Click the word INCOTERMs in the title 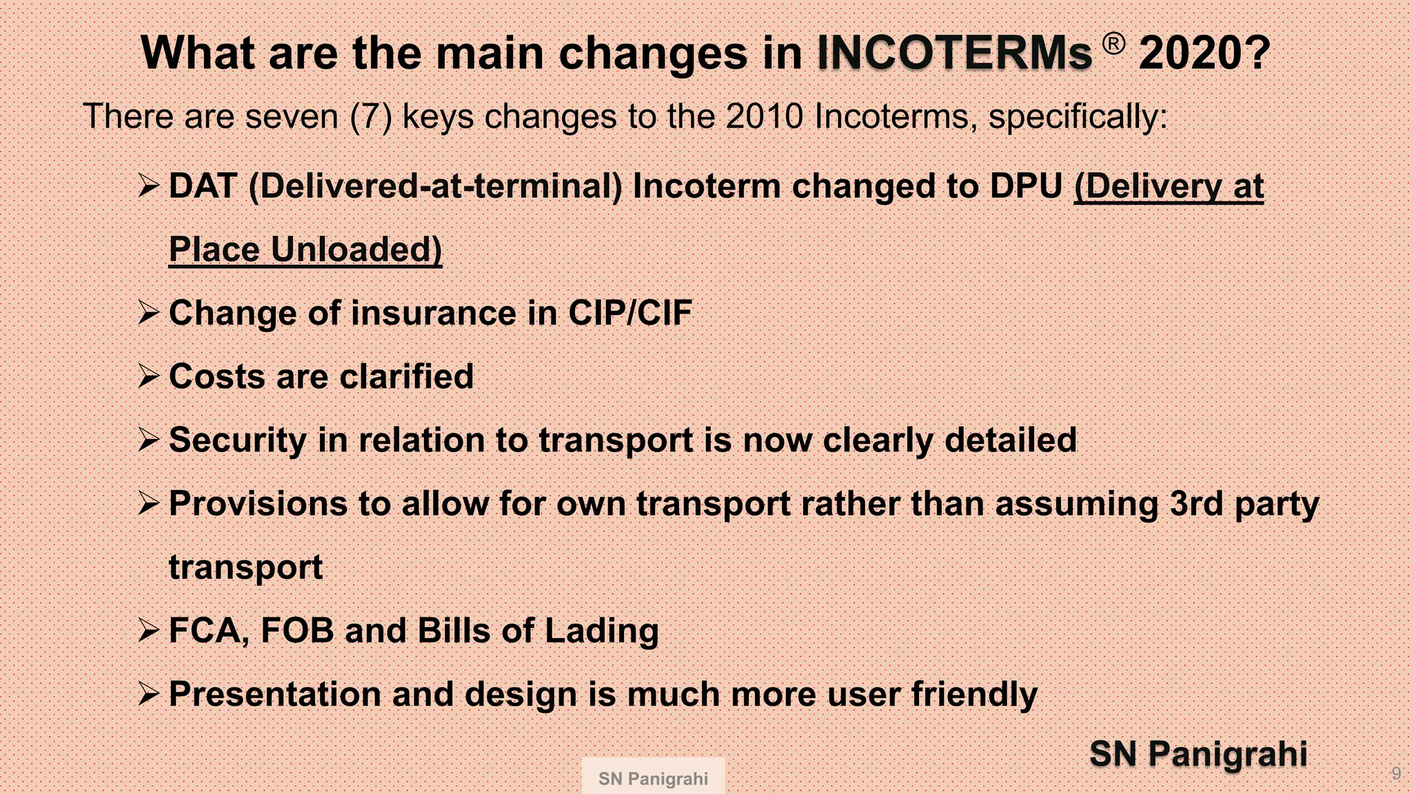(x=954, y=53)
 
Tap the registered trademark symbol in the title (x=1113, y=44)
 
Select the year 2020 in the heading (x=1204, y=53)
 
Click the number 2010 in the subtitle (x=764, y=116)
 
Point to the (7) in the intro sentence (x=371, y=116)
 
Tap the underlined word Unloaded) (x=356, y=250)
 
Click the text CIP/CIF (x=629, y=313)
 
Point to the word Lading (x=601, y=630)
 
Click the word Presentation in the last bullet (x=274, y=693)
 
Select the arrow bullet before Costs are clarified (x=149, y=376)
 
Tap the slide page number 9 (x=1396, y=773)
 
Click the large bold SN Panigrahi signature (x=1198, y=753)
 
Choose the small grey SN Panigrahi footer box (x=653, y=778)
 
